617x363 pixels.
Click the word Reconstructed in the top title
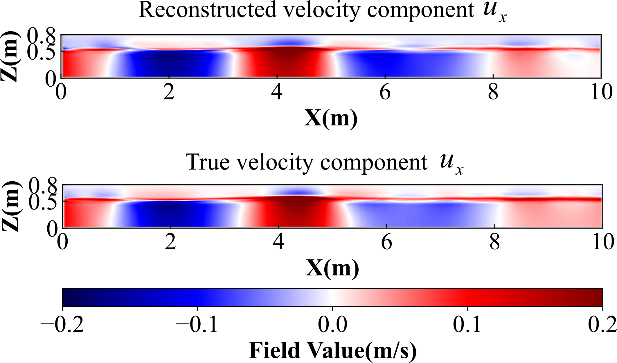click(207, 10)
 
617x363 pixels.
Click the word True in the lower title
click(208, 162)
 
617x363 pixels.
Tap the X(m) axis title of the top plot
click(331, 118)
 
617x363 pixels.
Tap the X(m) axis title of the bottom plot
click(332, 268)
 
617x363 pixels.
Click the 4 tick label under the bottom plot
click(278, 242)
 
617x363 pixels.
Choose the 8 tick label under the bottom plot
click(495, 242)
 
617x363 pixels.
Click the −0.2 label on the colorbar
click(62, 324)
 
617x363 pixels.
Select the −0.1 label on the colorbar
click(197, 324)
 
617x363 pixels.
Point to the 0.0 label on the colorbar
click(332, 324)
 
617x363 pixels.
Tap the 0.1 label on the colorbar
click(467, 324)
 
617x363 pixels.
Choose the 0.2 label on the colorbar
click(602, 324)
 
